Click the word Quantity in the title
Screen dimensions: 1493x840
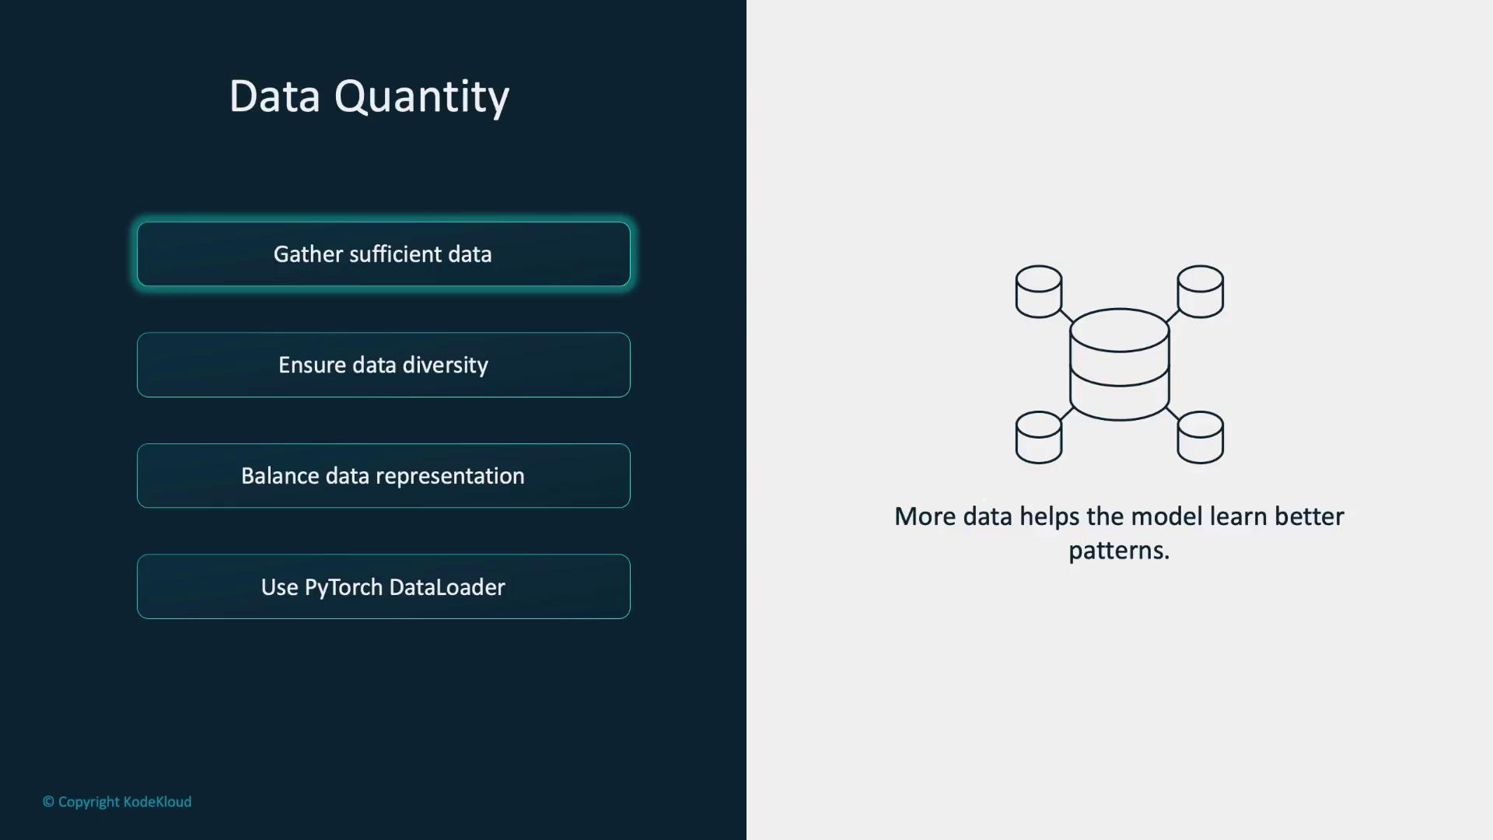coord(421,98)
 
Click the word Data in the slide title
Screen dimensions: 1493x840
coord(274,96)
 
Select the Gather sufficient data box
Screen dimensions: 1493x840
coord(383,254)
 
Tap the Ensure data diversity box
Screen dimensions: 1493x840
coord(383,365)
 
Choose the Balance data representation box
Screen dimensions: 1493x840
coord(383,476)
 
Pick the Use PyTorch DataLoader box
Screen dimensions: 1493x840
coord(383,586)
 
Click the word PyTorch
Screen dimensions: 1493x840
coord(344,588)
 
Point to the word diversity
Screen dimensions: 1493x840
coord(446,366)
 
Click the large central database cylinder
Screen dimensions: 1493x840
coord(1120,365)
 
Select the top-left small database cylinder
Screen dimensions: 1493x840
coord(1039,292)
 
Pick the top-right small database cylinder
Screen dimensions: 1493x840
coord(1201,292)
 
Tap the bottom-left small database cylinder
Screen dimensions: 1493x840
coord(1039,437)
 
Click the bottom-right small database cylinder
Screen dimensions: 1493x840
coord(1201,437)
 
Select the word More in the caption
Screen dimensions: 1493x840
coord(925,516)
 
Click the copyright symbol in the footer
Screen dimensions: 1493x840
coord(48,802)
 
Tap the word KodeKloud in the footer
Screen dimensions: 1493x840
coord(157,802)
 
